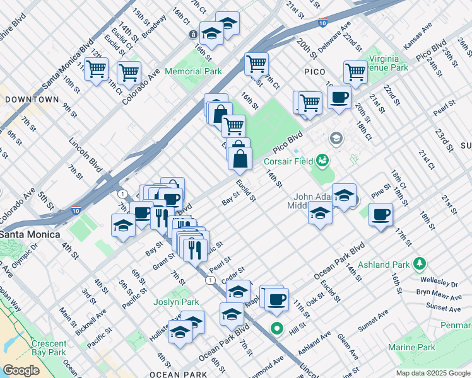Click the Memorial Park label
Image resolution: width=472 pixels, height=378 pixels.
click(193, 71)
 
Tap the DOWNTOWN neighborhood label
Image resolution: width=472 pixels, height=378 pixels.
click(32, 100)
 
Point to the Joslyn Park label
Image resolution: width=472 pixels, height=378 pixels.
click(177, 302)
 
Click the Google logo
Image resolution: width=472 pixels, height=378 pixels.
click(21, 370)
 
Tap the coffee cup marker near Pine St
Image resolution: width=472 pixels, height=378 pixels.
click(381, 215)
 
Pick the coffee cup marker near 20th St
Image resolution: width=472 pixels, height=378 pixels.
click(339, 98)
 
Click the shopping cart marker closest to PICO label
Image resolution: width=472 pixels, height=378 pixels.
click(310, 102)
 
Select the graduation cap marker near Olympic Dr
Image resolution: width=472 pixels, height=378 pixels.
click(123, 226)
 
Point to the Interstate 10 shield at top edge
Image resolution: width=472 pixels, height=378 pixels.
click(322, 23)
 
